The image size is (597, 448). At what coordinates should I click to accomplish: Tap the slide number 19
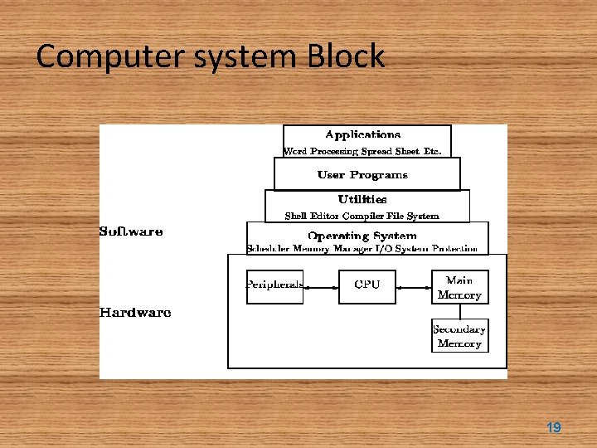click(553, 428)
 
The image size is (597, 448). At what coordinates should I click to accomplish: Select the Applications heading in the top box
click(362, 134)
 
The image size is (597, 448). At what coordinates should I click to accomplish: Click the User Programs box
click(366, 175)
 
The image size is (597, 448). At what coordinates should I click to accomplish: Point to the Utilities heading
click(362, 199)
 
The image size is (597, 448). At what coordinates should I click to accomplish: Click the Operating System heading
click(362, 236)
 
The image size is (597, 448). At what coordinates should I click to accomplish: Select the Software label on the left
click(131, 231)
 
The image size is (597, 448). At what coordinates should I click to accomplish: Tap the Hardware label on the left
click(135, 313)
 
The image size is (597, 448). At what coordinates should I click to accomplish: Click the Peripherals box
click(274, 286)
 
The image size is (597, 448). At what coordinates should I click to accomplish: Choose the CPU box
click(366, 286)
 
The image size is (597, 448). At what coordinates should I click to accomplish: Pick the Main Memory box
click(459, 287)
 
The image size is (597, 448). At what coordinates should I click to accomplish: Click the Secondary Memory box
click(459, 336)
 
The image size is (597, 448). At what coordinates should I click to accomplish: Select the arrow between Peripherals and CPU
click(321, 287)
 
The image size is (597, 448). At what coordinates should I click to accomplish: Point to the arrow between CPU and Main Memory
click(414, 287)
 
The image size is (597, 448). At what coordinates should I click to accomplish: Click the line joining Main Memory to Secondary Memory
click(460, 311)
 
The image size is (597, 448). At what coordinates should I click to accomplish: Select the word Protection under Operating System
click(454, 249)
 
